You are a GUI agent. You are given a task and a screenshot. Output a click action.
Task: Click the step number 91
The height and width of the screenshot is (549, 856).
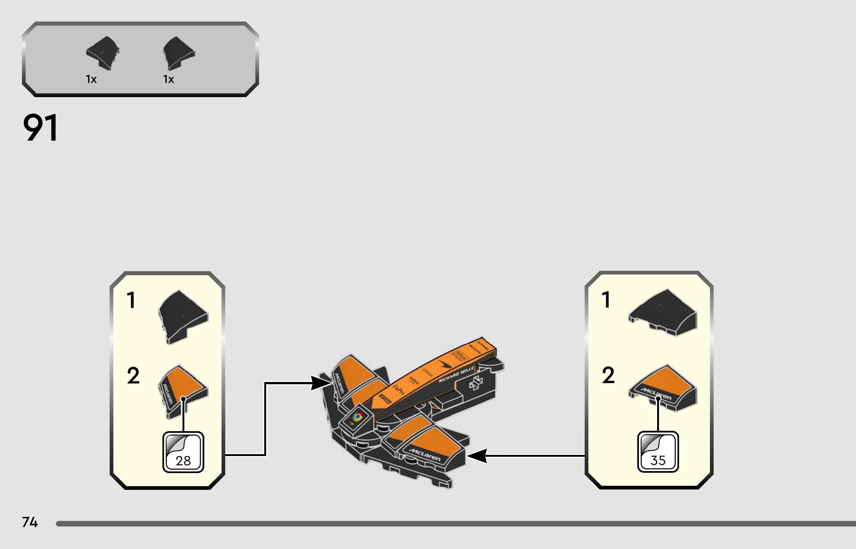pos(41,128)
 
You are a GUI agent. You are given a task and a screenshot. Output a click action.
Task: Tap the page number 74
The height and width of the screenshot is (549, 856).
pos(30,522)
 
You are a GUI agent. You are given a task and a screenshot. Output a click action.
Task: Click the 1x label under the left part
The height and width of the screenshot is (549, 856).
pos(91,79)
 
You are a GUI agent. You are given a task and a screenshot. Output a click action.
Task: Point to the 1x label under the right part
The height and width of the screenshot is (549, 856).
pos(168,79)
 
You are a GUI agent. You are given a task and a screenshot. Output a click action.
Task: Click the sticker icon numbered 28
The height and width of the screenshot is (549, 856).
pos(183,452)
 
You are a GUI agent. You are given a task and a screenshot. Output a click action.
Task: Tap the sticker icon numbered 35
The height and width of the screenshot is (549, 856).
pos(658,452)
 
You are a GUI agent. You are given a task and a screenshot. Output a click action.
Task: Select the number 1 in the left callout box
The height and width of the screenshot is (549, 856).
pos(131,300)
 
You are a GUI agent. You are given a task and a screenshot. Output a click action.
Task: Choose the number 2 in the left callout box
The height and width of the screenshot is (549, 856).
pos(133,376)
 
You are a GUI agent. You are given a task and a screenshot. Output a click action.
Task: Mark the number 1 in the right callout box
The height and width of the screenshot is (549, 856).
pos(606,300)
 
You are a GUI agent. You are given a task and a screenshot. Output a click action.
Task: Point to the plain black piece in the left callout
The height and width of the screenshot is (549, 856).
pos(183,317)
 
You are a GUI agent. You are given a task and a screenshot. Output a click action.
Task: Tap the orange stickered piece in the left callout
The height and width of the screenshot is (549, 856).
pos(183,391)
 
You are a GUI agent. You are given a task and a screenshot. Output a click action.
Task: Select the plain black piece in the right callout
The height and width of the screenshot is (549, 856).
pos(663,312)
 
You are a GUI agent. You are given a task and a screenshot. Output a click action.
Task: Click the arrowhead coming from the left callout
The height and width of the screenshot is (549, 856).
pos(320,383)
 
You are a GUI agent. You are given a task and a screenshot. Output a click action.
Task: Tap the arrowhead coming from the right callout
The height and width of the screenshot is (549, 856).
pos(477,456)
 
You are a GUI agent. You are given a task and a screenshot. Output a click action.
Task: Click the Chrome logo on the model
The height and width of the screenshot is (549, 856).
pos(358,417)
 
